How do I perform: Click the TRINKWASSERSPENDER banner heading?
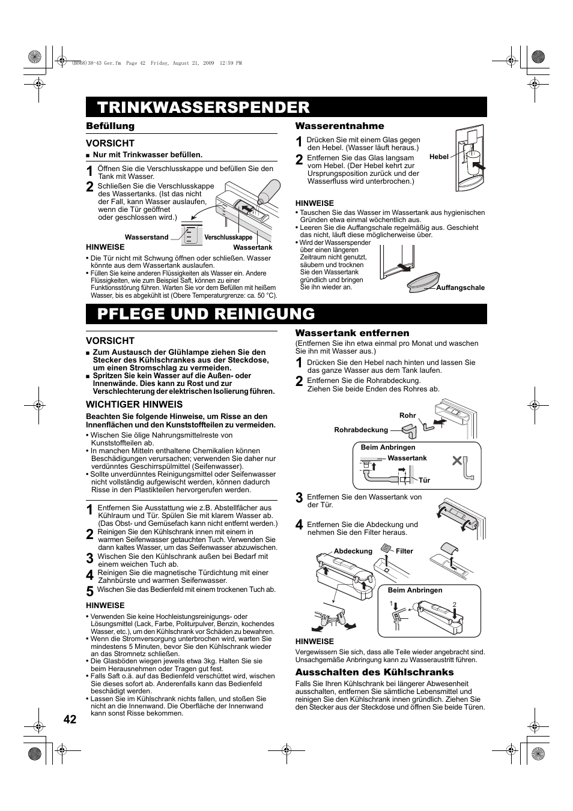204,107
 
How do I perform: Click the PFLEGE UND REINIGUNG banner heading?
206,314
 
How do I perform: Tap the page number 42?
70,720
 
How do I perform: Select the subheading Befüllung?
110,126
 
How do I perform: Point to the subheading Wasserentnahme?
339,126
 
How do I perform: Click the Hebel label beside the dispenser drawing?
439,157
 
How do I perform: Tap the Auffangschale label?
460,288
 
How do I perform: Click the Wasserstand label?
147,237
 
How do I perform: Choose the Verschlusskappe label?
228,238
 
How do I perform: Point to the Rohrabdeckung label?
360,430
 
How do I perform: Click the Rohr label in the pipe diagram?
407,415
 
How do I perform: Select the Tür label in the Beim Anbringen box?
424,480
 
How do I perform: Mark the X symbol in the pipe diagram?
458,462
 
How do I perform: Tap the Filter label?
404,551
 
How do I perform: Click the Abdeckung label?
353,551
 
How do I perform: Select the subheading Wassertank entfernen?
352,333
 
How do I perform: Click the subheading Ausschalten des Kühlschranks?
374,672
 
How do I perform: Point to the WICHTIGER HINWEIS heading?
134,405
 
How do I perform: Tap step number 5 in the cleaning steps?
89,591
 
